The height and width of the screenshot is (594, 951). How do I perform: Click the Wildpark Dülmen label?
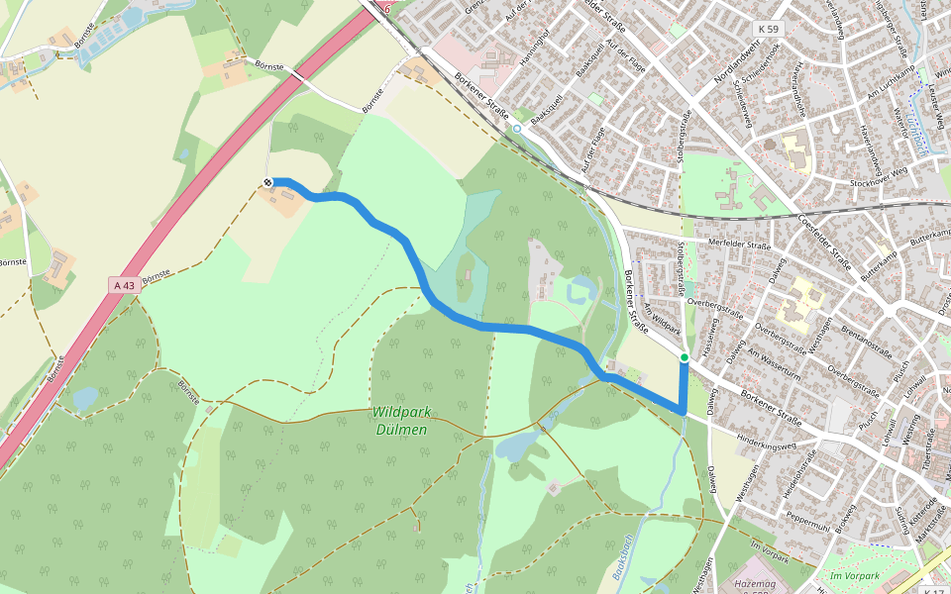(x=401, y=421)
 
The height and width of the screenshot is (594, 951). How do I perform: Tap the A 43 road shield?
(x=124, y=285)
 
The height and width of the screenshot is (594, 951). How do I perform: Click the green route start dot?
(x=685, y=356)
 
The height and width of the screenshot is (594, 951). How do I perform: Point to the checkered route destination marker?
(x=268, y=181)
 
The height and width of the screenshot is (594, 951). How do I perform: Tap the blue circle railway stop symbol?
(x=516, y=129)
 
